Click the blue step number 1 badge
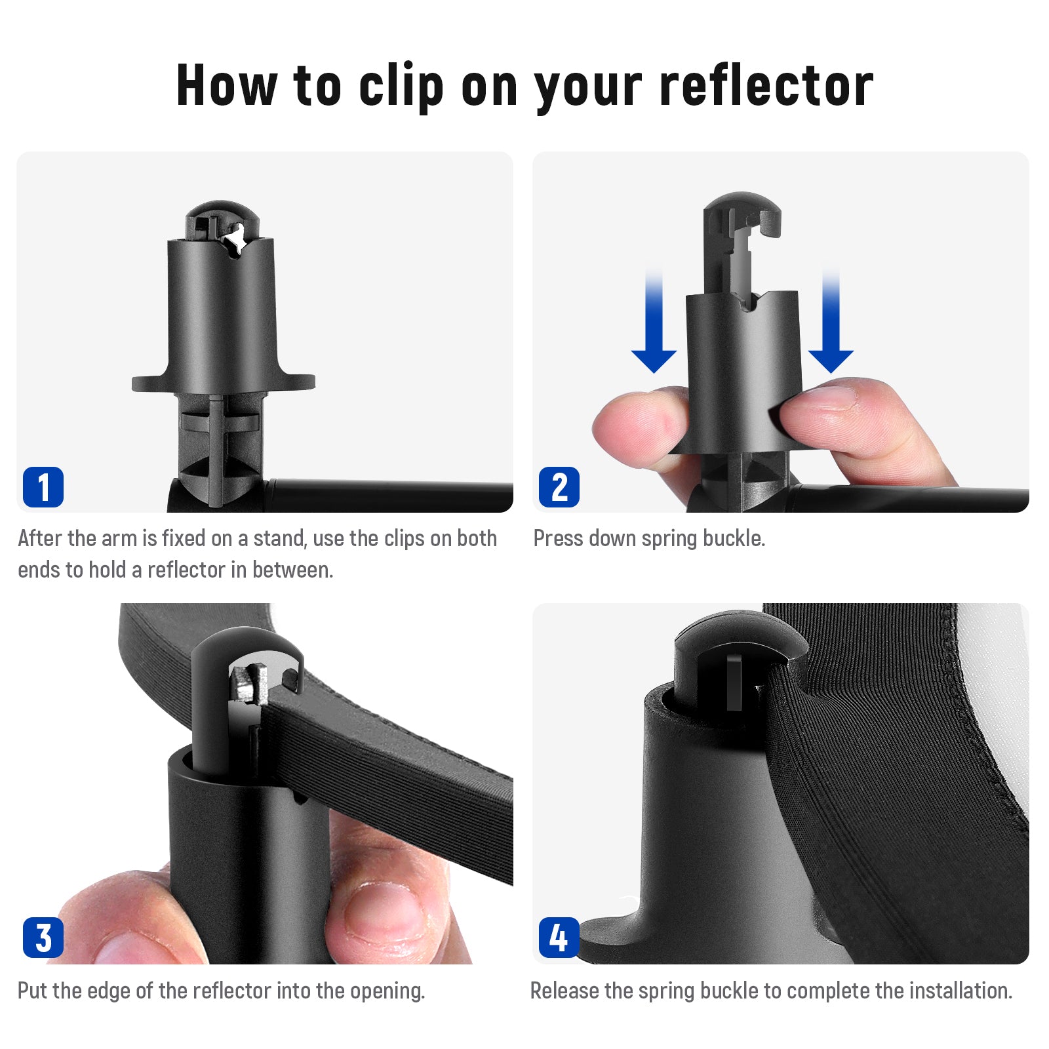coord(43,487)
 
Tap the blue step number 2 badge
coord(559,487)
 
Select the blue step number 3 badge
coord(43,938)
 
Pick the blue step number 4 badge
coord(559,938)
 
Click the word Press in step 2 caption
coord(558,538)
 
